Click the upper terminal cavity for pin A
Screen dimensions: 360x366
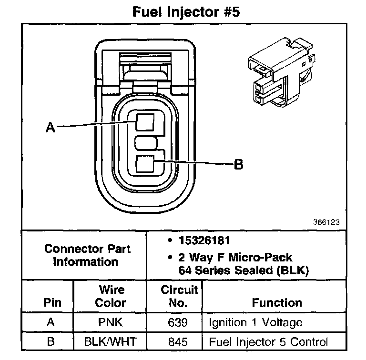[x=144, y=121]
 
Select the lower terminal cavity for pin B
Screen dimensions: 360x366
[x=144, y=165]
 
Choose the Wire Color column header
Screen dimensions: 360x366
[x=110, y=296]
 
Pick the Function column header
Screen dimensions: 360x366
[x=276, y=302]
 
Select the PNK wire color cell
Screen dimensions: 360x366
[x=110, y=322]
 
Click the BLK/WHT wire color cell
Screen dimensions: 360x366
[x=110, y=341]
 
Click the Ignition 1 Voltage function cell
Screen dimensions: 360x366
[x=255, y=322]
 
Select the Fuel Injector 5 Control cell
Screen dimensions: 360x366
[x=268, y=341]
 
